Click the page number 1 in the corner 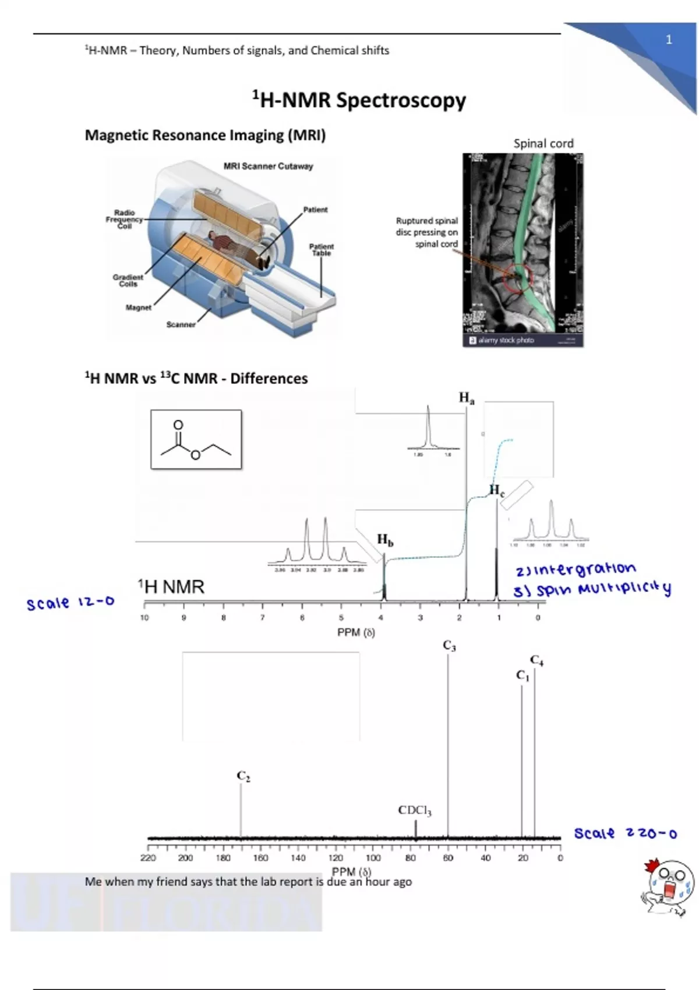click(669, 40)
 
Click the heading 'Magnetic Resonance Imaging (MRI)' click(205, 135)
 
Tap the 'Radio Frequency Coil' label click(124, 220)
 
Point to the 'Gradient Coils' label click(128, 281)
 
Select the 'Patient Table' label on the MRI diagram click(321, 250)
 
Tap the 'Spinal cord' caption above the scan click(543, 143)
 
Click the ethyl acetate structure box click(196, 440)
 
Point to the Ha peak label click(467, 398)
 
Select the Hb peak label click(385, 540)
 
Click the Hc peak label click(496, 490)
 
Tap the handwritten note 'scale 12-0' click(70, 603)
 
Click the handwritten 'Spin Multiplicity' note click(592, 590)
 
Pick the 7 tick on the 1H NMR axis click(263, 617)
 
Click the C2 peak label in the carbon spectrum click(243, 776)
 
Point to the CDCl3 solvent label click(415, 810)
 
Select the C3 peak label click(449, 646)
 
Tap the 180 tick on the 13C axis click(223, 858)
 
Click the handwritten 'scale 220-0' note click(625, 833)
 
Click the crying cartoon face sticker click(669, 889)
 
